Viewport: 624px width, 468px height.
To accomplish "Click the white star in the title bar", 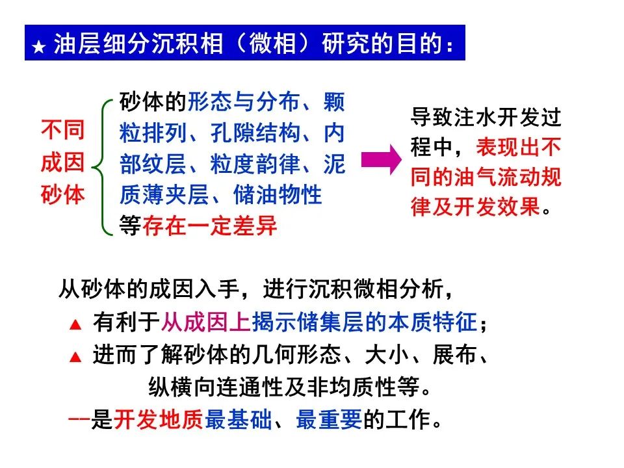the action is pyautogui.click(x=38, y=47).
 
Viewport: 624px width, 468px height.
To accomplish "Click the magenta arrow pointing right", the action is pyautogui.click(x=382, y=159).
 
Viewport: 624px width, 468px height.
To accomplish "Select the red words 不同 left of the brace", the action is pyautogui.click(x=63, y=130).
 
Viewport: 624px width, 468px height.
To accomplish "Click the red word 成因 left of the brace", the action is pyautogui.click(x=63, y=162).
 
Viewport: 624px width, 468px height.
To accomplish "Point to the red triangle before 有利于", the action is pyautogui.click(x=75, y=324).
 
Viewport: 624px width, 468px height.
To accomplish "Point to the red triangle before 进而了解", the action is pyautogui.click(x=75, y=357).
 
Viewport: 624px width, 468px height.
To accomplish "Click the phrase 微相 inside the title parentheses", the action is pyautogui.click(x=272, y=43).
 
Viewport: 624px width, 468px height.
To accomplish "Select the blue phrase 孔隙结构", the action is pyautogui.click(x=255, y=133).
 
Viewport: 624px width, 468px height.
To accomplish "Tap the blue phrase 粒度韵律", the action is pyautogui.click(x=255, y=164).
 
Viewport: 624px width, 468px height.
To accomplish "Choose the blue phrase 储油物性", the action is pyautogui.click(x=278, y=195).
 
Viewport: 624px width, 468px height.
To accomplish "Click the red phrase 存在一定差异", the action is pyautogui.click(x=210, y=226).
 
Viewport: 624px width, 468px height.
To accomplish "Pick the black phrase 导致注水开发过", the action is pyautogui.click(x=486, y=117).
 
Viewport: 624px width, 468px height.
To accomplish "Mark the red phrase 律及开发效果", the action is pyautogui.click(x=475, y=207).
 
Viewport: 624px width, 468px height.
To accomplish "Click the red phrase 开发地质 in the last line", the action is pyautogui.click(x=159, y=420).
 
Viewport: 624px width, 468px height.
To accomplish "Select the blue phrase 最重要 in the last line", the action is pyautogui.click(x=329, y=420).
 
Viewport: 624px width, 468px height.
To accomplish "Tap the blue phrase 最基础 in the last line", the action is pyautogui.click(x=238, y=420).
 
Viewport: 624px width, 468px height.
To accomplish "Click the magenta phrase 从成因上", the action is pyautogui.click(x=206, y=322).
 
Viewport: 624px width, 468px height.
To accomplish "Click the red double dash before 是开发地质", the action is pyautogui.click(x=79, y=419).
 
